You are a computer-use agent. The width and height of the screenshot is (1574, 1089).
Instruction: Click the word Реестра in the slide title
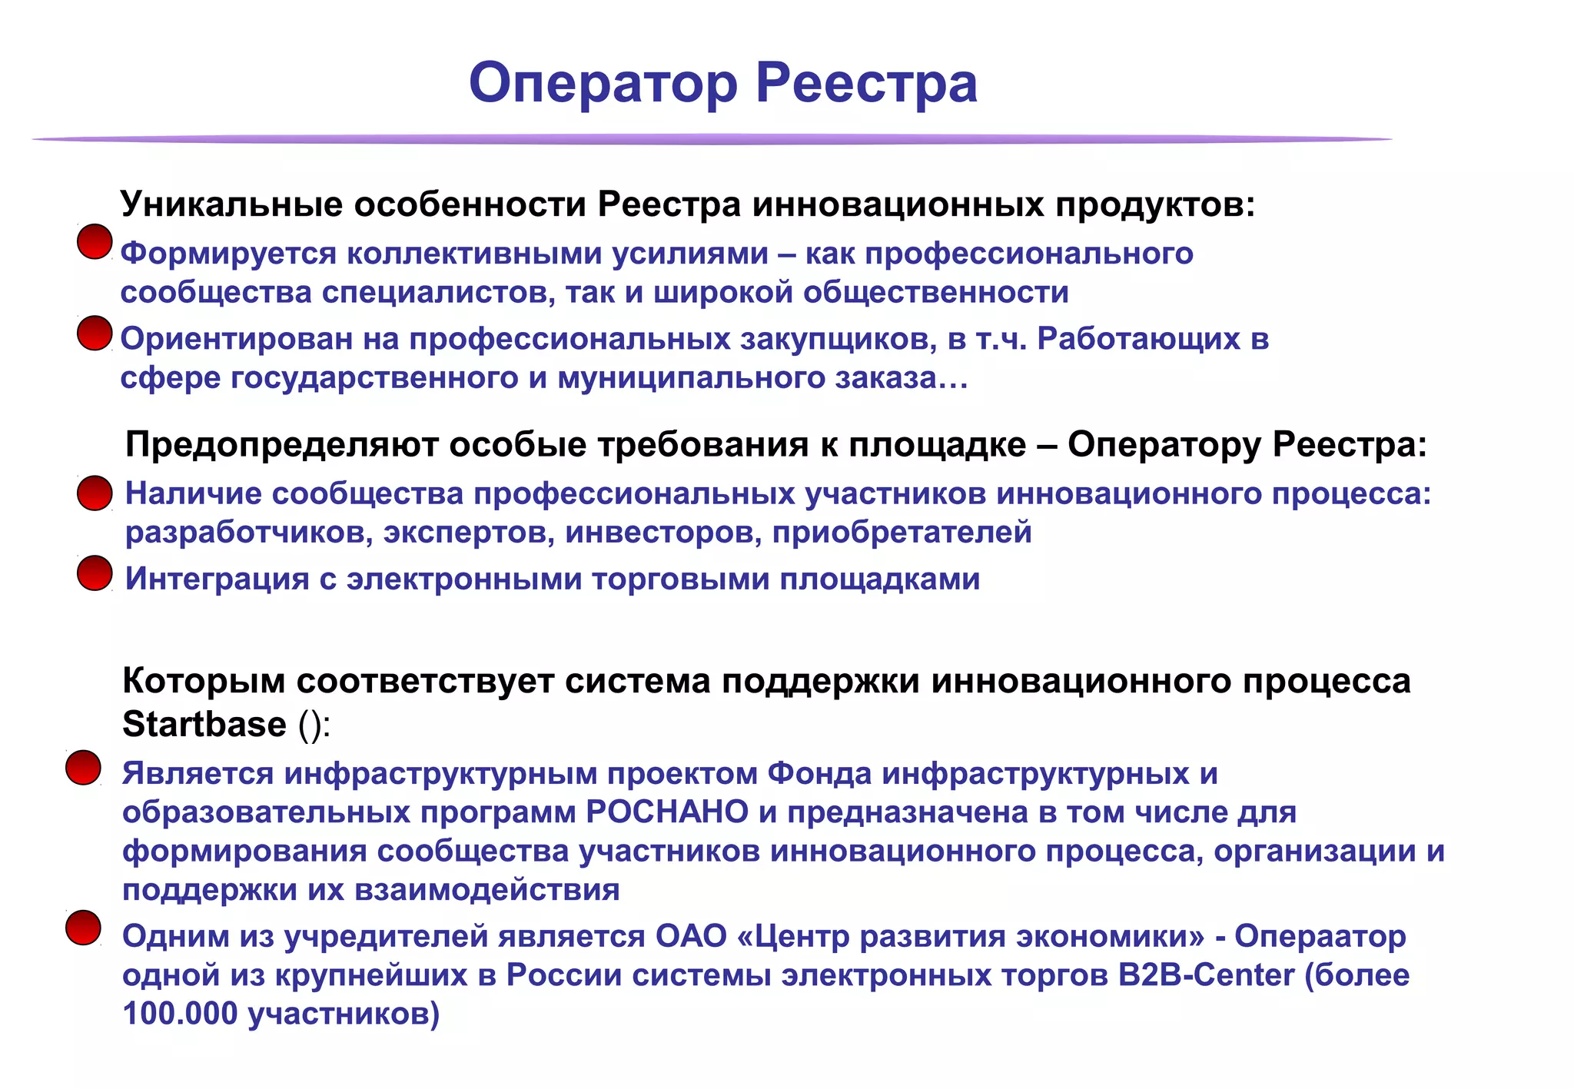tap(866, 83)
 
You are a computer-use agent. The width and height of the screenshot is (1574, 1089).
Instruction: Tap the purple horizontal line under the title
tap(712, 139)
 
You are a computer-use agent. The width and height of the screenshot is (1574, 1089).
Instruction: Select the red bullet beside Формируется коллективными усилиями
tap(95, 242)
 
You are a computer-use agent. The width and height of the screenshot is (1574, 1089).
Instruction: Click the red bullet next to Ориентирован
tap(95, 333)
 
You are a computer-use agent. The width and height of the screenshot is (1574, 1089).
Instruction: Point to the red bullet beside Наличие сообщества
tap(95, 493)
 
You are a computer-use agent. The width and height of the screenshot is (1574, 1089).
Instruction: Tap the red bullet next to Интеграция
tap(95, 573)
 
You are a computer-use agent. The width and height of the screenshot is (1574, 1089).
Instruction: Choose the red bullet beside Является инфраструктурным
tap(83, 768)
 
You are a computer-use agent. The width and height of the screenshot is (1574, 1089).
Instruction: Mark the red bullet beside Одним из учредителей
tap(83, 928)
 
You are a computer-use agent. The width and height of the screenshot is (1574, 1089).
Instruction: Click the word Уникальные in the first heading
tap(231, 204)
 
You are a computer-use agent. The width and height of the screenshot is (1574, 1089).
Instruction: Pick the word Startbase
tap(204, 725)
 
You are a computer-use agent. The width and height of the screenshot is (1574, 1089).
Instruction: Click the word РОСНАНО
tap(667, 812)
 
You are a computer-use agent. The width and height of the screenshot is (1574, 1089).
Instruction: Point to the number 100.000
tap(180, 1014)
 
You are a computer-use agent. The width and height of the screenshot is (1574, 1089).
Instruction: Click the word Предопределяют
tap(282, 445)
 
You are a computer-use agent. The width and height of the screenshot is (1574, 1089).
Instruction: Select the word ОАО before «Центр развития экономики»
tap(691, 936)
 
